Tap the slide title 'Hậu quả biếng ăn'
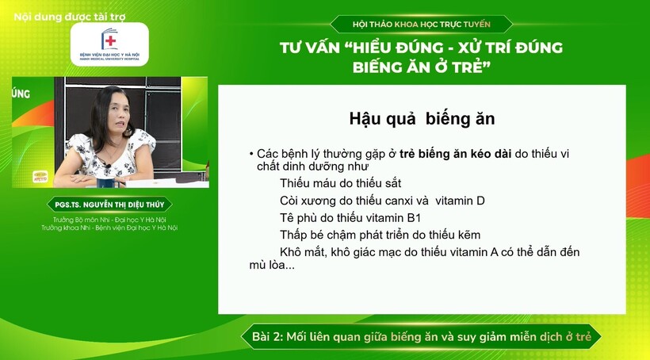(x=422, y=119)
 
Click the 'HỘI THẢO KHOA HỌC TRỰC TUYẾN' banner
(x=422, y=25)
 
